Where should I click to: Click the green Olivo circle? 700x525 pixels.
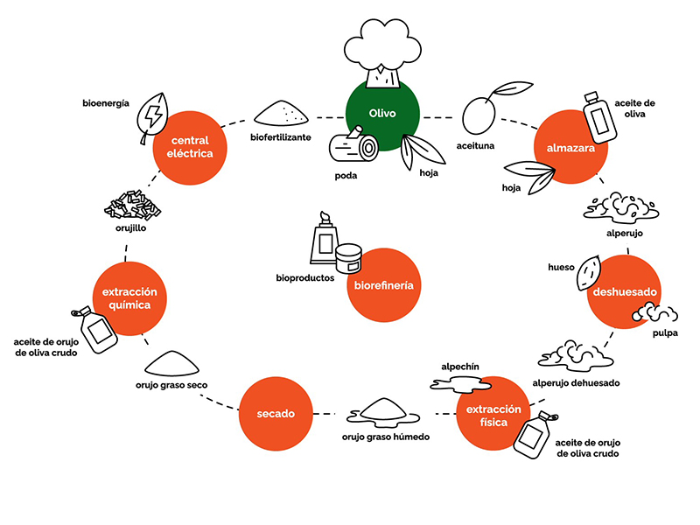click(382, 115)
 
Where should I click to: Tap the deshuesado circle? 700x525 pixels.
click(624, 290)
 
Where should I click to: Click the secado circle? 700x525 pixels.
click(276, 413)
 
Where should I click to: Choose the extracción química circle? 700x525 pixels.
click(131, 299)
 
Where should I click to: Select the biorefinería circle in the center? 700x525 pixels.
click(384, 285)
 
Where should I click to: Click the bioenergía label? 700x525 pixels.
click(106, 103)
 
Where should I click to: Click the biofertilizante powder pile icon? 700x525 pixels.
click(280, 113)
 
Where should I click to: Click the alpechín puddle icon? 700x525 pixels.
click(461, 382)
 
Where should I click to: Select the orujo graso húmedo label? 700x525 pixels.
click(385, 435)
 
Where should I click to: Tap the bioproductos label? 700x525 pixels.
click(304, 278)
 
